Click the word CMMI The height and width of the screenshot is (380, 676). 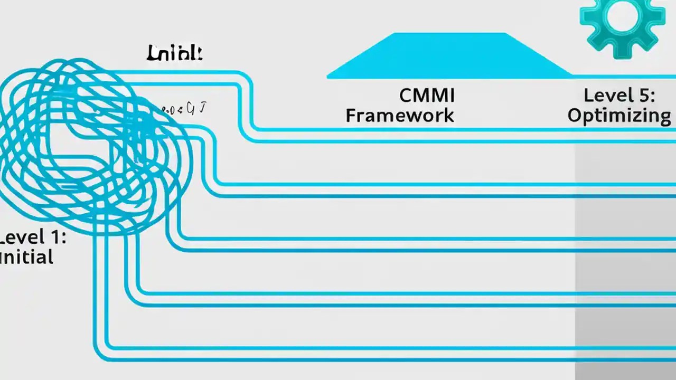pos(427,96)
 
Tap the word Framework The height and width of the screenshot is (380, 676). pos(400,116)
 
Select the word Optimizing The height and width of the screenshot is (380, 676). pos(619,116)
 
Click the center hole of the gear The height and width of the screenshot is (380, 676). pos(618,16)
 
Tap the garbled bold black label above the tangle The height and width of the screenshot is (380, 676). pos(174,53)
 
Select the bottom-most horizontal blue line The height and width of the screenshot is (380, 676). pos(370,359)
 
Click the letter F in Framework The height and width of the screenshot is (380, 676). pos(351,116)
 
